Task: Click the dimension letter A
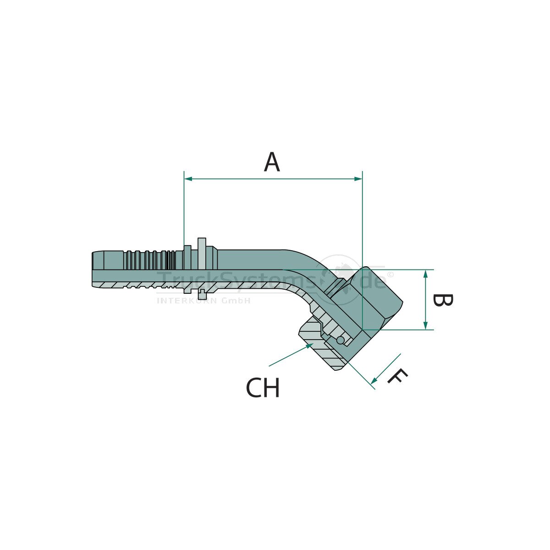coord(272,162)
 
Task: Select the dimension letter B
coord(443,301)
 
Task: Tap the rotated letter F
coord(397,376)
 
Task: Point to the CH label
coord(263,388)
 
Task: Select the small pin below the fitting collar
coord(202,294)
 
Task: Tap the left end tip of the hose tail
coord(93,270)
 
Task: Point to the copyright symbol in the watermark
coord(390,274)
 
